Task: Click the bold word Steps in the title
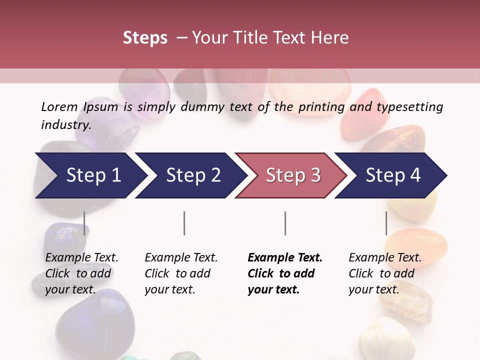coord(145,38)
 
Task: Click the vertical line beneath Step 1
coord(84,223)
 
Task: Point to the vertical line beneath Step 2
coord(184,223)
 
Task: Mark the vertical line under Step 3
coord(285,223)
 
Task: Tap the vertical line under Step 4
coord(386,223)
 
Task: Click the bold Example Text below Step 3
coord(285,273)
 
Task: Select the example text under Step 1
coord(81,273)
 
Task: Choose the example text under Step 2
coord(181,273)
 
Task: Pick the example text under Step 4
coord(385,273)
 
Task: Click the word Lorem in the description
coord(59,106)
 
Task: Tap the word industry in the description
coord(65,124)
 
